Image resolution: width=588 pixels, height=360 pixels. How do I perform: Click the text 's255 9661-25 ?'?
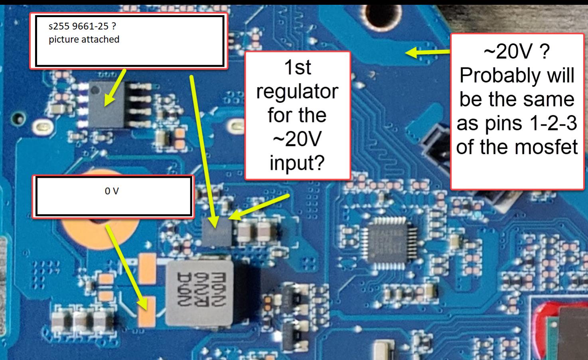pos(82,27)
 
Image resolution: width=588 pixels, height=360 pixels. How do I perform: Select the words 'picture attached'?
pos(84,39)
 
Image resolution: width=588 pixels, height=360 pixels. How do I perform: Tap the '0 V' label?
pos(112,191)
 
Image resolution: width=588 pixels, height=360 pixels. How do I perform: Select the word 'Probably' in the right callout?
pos(517,75)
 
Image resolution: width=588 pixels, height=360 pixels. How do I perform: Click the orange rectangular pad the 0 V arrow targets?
pos(147,312)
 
